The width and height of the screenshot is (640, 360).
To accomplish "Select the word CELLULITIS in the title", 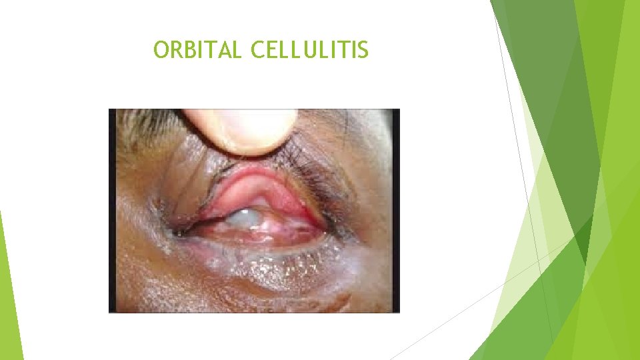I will tap(309, 50).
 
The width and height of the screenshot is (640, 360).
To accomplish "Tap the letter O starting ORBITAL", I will tap(161, 50).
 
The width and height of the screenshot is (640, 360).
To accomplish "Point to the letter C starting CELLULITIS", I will tap(257, 50).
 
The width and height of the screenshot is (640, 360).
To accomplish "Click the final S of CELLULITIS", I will tap(361, 50).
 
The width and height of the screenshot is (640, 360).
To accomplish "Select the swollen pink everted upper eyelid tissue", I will tap(250, 190).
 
